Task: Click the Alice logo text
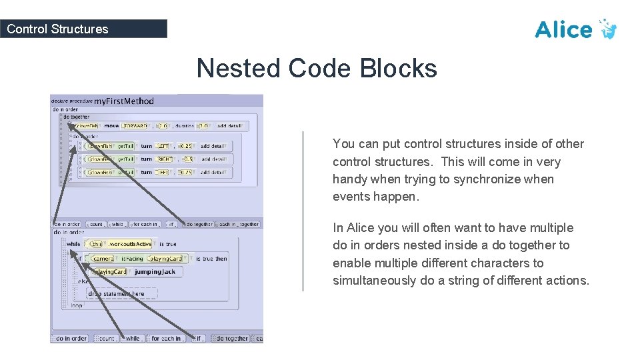click(563, 30)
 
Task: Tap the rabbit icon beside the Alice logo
click(607, 29)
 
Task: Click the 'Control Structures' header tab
click(57, 29)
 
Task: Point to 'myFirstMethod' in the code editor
click(124, 101)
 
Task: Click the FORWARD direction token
click(135, 126)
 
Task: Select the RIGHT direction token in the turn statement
click(165, 159)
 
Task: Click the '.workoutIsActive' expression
click(130, 245)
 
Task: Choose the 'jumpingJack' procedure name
click(157, 272)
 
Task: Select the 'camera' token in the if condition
click(103, 258)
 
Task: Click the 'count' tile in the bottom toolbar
click(107, 339)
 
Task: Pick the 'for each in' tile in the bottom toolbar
click(167, 339)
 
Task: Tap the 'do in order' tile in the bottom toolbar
click(71, 339)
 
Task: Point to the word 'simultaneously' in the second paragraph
click(374, 281)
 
